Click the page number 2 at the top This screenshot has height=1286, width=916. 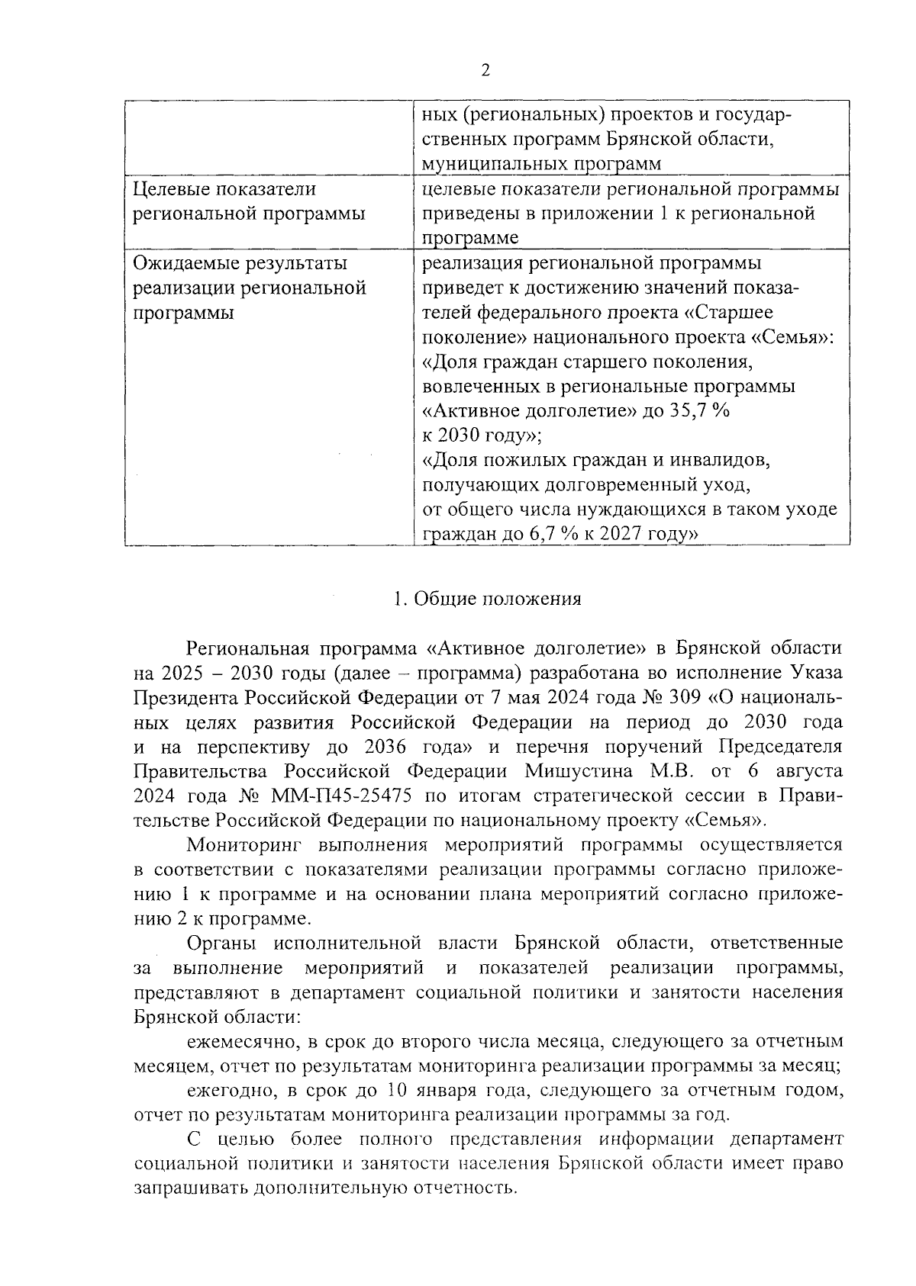(485, 71)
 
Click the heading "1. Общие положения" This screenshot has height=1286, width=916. (487, 599)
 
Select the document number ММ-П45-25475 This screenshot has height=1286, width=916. (341, 796)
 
